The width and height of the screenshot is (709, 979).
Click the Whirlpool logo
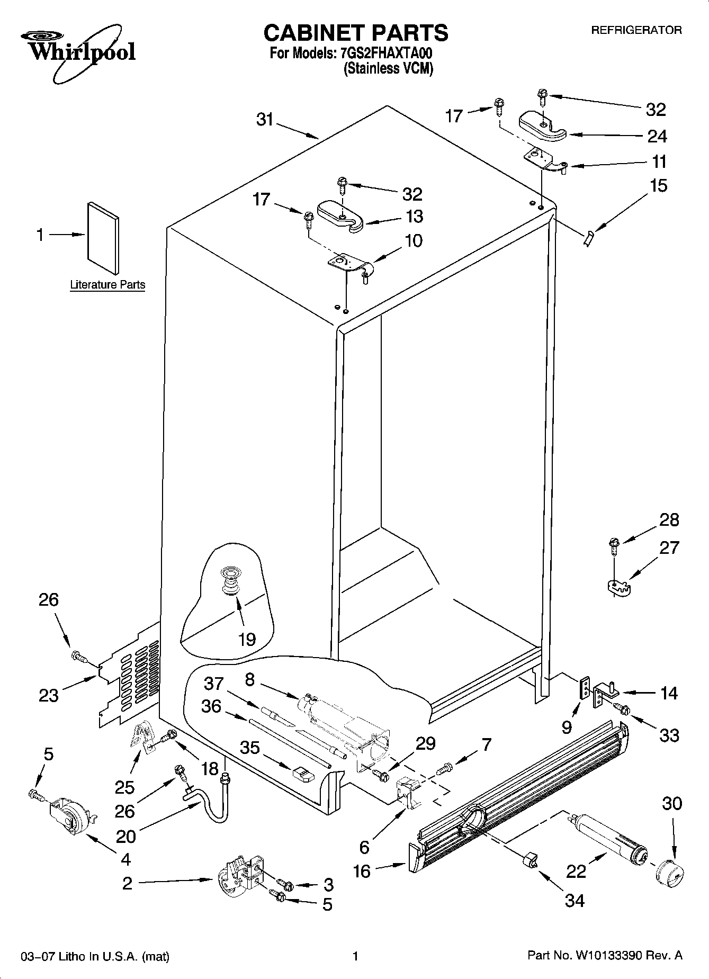[x=78, y=52]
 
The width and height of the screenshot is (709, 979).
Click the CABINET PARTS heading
[x=355, y=33]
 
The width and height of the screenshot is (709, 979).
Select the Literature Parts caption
[x=107, y=285]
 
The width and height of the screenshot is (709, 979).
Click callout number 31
[x=264, y=120]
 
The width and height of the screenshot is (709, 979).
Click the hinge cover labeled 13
[x=341, y=215]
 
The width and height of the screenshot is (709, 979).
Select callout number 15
[x=659, y=186]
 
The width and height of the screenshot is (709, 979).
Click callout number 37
[x=214, y=684]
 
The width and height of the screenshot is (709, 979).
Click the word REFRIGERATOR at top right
[x=636, y=31]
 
